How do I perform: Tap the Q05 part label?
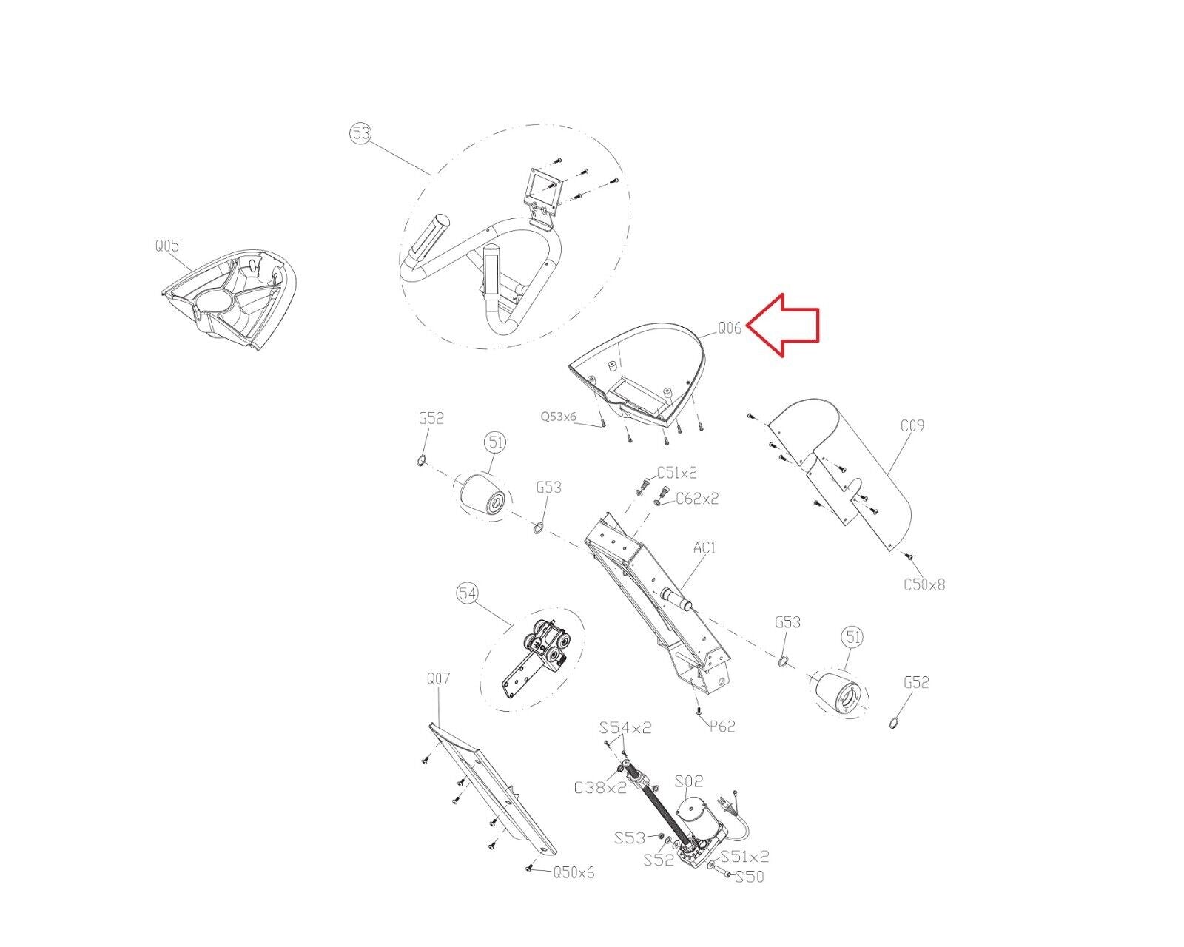click(167, 246)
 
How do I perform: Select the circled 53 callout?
click(361, 134)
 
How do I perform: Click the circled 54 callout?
click(467, 593)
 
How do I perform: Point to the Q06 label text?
click(730, 328)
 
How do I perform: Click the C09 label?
click(912, 425)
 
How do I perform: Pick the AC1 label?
click(704, 547)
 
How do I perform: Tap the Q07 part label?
click(439, 679)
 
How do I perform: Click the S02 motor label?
click(689, 781)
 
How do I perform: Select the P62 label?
click(722, 727)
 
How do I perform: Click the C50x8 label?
click(925, 584)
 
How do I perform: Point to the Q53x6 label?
click(559, 417)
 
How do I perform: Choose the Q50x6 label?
click(573, 873)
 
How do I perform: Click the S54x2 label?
click(625, 728)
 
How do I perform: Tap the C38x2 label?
click(601, 788)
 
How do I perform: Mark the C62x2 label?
click(697, 499)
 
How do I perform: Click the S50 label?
click(750, 877)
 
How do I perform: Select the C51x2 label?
click(677, 472)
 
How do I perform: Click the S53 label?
click(630, 838)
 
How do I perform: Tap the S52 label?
click(659, 860)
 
